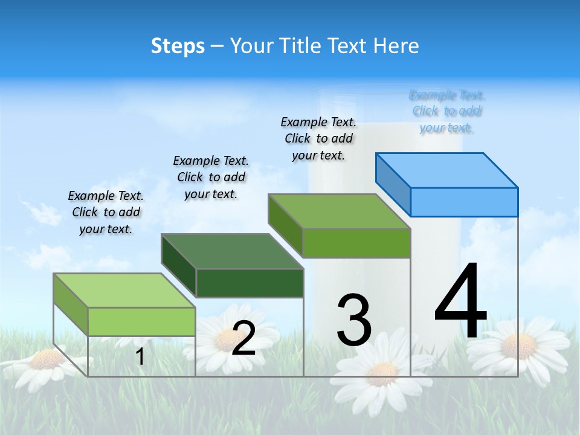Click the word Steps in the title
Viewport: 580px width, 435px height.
[178, 46]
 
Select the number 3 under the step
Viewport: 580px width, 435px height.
[353, 320]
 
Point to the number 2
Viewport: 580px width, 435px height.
[243, 338]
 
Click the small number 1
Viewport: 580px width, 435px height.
[140, 357]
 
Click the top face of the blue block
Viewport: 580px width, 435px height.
[447, 170]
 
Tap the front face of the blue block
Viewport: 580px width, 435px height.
[464, 202]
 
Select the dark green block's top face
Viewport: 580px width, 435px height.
[233, 251]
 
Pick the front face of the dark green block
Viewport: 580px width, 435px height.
[250, 283]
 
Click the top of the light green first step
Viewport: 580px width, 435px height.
[124, 291]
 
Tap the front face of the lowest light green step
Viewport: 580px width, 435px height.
[141, 321]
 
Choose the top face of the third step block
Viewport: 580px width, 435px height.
[340, 211]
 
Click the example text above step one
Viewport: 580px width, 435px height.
[106, 212]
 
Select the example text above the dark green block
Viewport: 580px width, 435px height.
[211, 177]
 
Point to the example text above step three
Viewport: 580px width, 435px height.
[318, 138]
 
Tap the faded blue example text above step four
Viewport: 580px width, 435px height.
[447, 111]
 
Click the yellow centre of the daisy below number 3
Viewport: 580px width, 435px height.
[382, 374]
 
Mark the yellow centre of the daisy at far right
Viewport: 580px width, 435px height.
[518, 346]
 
